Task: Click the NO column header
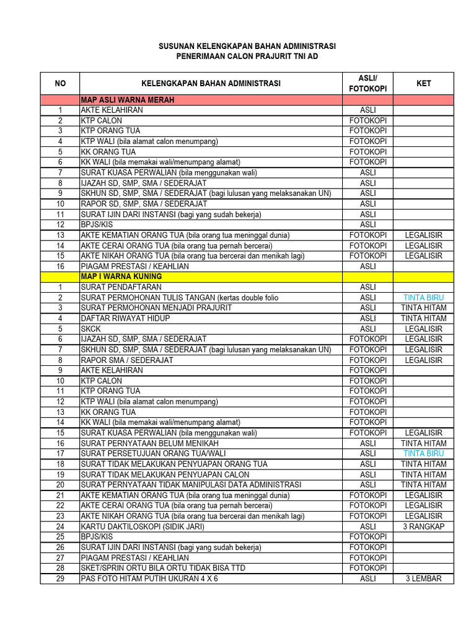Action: (x=60, y=83)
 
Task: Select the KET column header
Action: (x=424, y=83)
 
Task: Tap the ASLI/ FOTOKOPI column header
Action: (x=368, y=83)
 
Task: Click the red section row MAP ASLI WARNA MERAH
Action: (x=127, y=100)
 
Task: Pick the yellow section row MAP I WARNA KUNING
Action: (x=121, y=277)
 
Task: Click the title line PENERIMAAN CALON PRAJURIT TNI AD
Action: (x=247, y=56)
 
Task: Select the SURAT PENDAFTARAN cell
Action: (x=121, y=287)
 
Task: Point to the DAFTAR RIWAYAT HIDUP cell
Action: (x=125, y=318)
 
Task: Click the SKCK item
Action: (x=92, y=329)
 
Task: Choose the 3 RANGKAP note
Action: (x=424, y=526)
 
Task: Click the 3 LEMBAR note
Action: (x=424, y=579)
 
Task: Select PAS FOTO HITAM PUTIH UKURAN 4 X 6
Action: (x=149, y=579)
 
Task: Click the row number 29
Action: (x=60, y=579)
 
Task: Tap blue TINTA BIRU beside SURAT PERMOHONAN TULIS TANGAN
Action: (x=424, y=298)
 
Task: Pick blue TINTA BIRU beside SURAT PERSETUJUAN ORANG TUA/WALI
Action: (x=424, y=453)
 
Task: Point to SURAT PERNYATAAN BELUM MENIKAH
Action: (x=149, y=443)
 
